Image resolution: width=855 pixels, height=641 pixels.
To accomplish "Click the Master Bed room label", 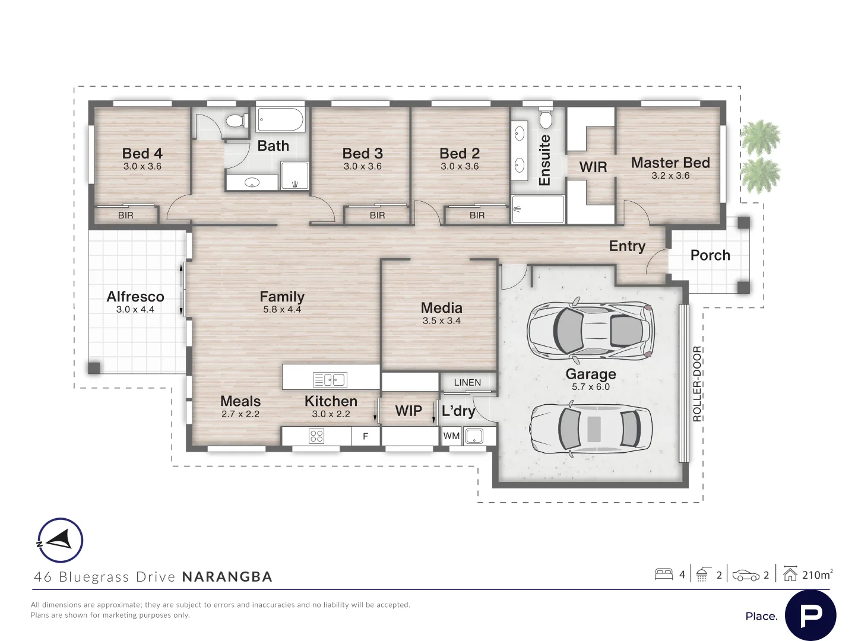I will (x=670, y=163).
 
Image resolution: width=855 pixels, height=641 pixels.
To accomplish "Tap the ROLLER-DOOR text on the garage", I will (x=698, y=384).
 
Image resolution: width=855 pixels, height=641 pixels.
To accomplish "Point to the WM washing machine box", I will (x=451, y=436).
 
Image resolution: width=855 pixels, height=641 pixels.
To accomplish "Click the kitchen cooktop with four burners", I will (x=316, y=437).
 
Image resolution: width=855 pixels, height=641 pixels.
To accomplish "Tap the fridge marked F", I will (x=366, y=437).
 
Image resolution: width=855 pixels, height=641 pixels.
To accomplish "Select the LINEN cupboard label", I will (x=467, y=382).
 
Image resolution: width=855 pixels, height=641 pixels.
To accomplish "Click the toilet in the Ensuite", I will (x=546, y=119).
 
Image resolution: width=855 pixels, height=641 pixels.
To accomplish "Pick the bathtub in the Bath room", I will (x=281, y=120).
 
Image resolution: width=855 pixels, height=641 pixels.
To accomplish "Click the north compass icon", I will (x=60, y=541).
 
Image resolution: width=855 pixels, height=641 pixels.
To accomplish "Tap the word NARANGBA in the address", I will (x=227, y=577).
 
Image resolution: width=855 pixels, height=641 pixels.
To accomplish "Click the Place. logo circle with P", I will (x=810, y=615).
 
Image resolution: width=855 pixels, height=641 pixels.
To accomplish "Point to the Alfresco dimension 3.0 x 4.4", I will (x=135, y=310).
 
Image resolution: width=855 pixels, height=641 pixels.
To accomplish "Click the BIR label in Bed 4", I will (x=126, y=215).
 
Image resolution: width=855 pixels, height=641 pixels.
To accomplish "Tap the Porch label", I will (x=710, y=255).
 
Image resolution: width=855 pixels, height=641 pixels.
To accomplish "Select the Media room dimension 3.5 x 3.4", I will (x=441, y=321).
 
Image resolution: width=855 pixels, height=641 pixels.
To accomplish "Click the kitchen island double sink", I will (x=330, y=379).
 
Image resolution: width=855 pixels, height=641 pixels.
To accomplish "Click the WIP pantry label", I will (x=408, y=411).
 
